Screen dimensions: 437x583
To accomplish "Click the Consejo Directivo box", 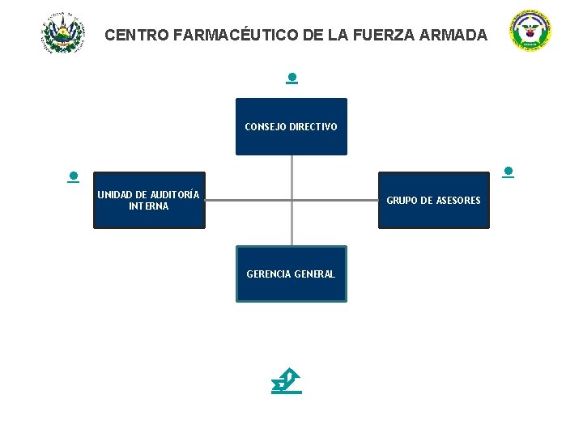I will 291,126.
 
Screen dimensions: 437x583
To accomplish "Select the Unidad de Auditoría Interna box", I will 149,200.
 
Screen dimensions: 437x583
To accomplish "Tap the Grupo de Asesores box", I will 433,200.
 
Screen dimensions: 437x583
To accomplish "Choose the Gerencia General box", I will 291,274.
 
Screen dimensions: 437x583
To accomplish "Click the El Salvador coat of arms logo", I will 62,33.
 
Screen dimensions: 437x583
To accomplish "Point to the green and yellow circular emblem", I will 530,32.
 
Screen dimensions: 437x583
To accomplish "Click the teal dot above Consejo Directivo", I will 291,78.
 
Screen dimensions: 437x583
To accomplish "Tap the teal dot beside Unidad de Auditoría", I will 73,175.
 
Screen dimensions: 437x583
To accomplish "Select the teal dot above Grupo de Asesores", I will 508,172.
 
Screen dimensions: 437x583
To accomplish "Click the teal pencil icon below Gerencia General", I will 287,381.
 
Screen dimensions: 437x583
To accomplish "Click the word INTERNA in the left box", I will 149,206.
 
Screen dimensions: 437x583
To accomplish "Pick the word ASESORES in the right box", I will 458,201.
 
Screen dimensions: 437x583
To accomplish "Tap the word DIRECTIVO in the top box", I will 313,127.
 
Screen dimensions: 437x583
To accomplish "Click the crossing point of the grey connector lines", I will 291,200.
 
